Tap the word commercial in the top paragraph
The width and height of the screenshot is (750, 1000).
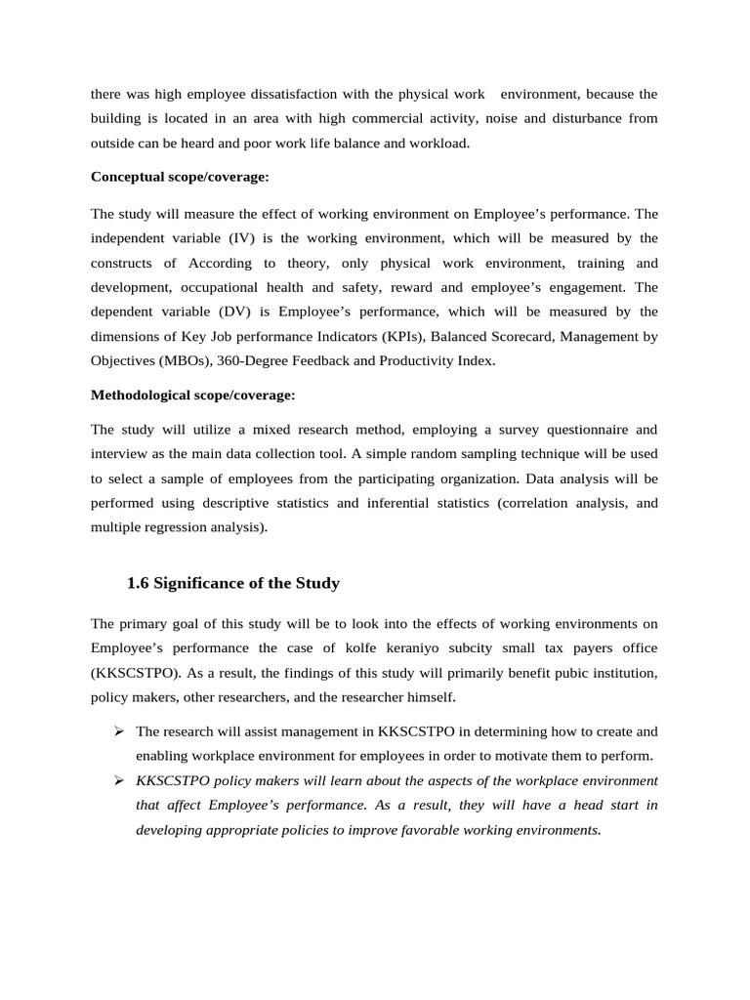[375, 118]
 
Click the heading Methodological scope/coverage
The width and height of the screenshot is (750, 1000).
[192, 396]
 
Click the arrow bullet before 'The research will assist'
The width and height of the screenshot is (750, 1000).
[118, 731]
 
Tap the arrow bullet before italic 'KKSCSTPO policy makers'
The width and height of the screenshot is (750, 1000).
[118, 780]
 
